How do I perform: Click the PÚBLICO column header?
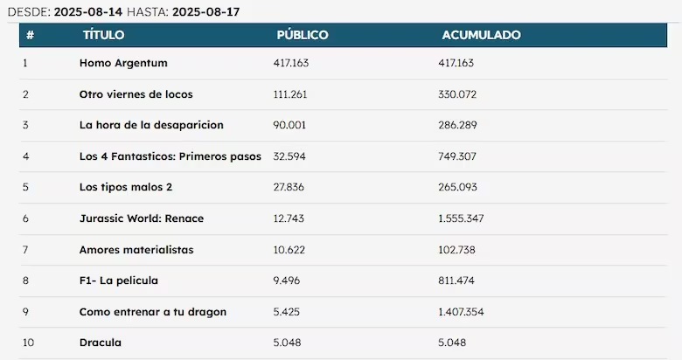(x=303, y=35)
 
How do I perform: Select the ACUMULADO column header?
(x=481, y=35)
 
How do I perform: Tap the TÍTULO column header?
(x=103, y=35)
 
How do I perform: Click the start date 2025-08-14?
(x=87, y=11)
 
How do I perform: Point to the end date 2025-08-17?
(x=205, y=11)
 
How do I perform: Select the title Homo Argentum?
(x=123, y=63)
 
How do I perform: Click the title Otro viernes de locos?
(x=136, y=94)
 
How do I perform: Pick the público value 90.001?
(x=289, y=125)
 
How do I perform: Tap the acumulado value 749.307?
(x=457, y=156)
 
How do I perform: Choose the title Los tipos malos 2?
(x=126, y=187)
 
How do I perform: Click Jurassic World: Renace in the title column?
(x=142, y=218)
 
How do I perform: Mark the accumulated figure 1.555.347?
(x=461, y=218)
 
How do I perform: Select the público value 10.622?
(x=289, y=250)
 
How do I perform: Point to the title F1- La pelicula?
(x=118, y=280)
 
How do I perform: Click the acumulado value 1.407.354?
(x=461, y=312)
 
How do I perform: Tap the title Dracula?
(x=100, y=343)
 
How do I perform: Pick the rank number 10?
(x=28, y=343)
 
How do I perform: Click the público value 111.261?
(x=290, y=94)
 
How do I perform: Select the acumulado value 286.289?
(x=457, y=125)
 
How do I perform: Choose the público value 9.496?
(x=286, y=280)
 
